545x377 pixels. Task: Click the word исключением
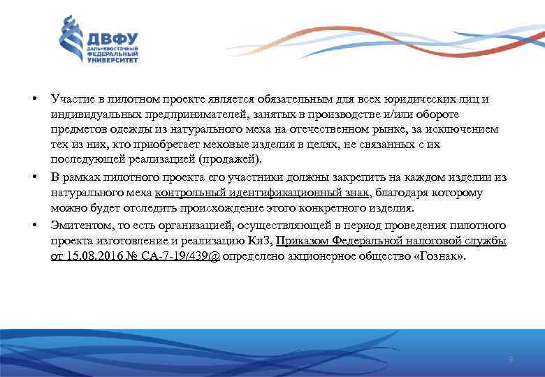click(462, 130)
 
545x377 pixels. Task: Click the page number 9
click(511, 359)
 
